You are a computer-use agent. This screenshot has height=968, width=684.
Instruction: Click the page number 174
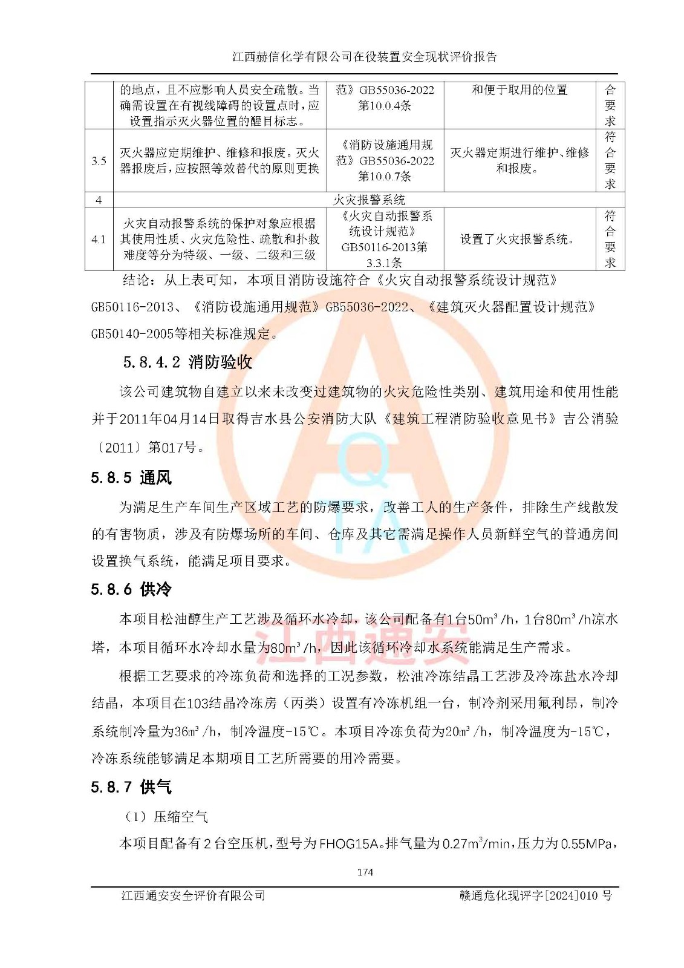pyautogui.click(x=365, y=872)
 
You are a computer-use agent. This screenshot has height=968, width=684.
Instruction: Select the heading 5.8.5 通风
pyautogui.click(x=131, y=478)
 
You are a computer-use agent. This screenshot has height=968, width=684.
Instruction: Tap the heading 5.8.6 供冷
pyautogui.click(x=131, y=589)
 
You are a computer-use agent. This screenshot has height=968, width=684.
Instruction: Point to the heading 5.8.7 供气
pyautogui.click(x=131, y=787)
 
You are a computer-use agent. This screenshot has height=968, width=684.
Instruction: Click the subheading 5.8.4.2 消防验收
pyautogui.click(x=187, y=362)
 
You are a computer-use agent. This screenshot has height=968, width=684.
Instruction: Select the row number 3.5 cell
pyautogui.click(x=99, y=160)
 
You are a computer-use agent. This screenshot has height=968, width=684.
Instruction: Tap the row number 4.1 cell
pyautogui.click(x=99, y=240)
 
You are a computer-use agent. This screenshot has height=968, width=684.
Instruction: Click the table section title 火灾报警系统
pyautogui.click(x=369, y=200)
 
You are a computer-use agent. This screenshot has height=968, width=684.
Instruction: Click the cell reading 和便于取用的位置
pyautogui.click(x=520, y=90)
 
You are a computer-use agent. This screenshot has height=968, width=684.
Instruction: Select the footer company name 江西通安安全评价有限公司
pyautogui.click(x=193, y=895)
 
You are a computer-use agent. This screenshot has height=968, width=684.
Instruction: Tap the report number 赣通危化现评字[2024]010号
pyautogui.click(x=535, y=895)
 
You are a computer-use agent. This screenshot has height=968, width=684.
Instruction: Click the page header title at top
pyautogui.click(x=365, y=57)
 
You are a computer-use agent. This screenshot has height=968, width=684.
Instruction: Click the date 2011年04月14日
pyautogui.click(x=169, y=419)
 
